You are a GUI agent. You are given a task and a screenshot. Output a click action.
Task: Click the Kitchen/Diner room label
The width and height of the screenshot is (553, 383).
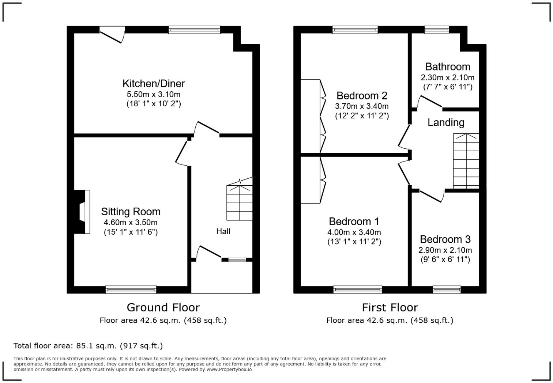pyautogui.click(x=154, y=84)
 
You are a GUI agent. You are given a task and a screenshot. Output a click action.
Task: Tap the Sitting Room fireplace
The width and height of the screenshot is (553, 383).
pyautogui.click(x=83, y=212)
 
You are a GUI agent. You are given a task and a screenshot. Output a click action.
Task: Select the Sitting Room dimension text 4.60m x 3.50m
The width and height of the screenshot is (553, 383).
pyautogui.click(x=131, y=223)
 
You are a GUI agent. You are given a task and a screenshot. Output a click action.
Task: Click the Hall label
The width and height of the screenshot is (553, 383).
pyautogui.click(x=223, y=231)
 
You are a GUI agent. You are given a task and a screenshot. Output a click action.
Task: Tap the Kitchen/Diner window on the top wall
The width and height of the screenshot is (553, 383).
pyautogui.click(x=194, y=30)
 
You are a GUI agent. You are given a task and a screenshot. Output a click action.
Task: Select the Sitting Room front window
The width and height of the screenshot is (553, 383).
pyautogui.click(x=131, y=290)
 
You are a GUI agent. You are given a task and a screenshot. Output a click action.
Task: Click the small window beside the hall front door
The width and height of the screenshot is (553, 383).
pyautogui.click(x=237, y=260)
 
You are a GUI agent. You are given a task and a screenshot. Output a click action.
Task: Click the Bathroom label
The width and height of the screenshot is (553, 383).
pyautogui.click(x=448, y=67)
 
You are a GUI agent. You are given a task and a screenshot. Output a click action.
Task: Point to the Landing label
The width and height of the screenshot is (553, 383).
pyautogui.click(x=446, y=123)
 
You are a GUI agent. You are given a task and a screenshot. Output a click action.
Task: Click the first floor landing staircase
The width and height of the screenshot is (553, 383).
pyautogui.click(x=466, y=161)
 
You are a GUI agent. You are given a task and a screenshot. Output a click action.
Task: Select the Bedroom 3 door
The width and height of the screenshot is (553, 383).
pyautogui.click(x=432, y=196)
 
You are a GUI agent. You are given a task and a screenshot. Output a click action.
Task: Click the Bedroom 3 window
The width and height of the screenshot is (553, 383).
pyautogui.click(x=447, y=290)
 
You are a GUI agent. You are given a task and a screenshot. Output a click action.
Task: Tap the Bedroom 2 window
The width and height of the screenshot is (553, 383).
pyautogui.click(x=355, y=30)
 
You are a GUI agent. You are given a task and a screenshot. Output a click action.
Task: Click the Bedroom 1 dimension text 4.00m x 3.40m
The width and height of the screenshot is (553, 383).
pyautogui.click(x=354, y=232)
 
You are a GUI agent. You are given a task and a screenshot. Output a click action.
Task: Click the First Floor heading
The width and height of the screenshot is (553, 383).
pyautogui.click(x=390, y=307)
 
